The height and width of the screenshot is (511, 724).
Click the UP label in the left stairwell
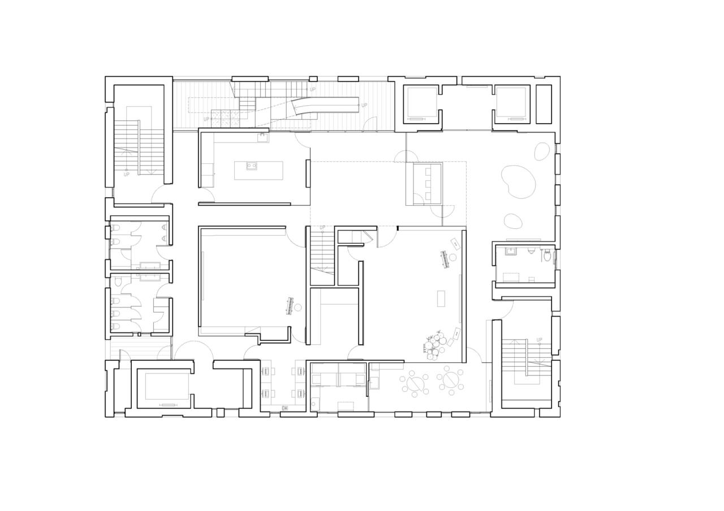[126, 174]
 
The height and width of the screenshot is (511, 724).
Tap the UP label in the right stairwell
[539, 340]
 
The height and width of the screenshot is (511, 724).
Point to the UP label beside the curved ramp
[364, 105]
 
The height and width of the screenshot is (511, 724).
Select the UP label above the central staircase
[322, 228]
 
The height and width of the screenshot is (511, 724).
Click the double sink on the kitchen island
[252, 166]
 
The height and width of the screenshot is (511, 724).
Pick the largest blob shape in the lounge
[518, 181]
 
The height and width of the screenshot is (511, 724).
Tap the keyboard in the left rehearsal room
[290, 306]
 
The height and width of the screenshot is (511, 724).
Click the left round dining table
[416, 384]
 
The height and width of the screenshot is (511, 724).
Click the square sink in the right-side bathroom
[511, 251]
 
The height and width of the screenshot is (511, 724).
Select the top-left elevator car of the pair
[421, 102]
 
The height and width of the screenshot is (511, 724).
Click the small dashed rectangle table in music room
[441, 298]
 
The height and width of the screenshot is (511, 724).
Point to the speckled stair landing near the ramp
[225, 119]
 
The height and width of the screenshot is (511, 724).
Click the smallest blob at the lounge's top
[541, 151]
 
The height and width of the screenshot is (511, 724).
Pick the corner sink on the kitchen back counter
[262, 137]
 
